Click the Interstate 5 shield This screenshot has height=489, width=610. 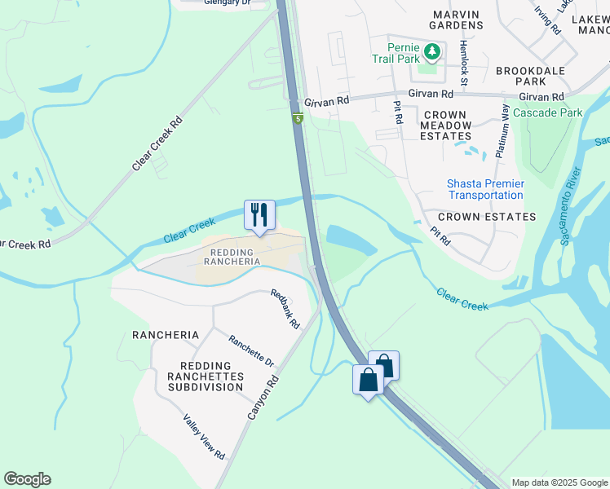pyautogui.click(x=298, y=119)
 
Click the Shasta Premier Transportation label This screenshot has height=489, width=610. pyautogui.click(x=485, y=189)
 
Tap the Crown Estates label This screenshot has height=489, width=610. pyautogui.click(x=487, y=217)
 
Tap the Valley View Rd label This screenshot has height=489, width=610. pyautogui.click(x=204, y=437)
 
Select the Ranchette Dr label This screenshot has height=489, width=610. pyautogui.click(x=251, y=352)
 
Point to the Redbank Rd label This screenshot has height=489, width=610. pyautogui.click(x=285, y=309)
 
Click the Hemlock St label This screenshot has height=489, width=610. pyautogui.click(x=462, y=64)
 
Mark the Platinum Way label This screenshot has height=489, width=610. pyautogui.click(x=502, y=130)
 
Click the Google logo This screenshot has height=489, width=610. pyautogui.click(x=28, y=479)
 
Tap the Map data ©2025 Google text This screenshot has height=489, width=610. pyautogui.click(x=559, y=482)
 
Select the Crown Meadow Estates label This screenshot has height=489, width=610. pyautogui.click(x=445, y=126)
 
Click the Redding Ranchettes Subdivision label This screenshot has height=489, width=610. pyautogui.click(x=205, y=376)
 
